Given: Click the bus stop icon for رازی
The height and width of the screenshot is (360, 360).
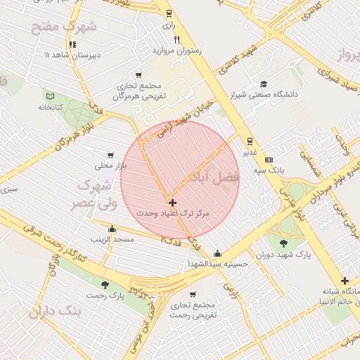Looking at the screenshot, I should [168, 13].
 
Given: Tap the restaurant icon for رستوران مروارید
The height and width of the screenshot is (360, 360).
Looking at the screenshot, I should [177, 39].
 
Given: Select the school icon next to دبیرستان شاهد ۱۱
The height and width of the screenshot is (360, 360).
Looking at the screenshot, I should [73, 44].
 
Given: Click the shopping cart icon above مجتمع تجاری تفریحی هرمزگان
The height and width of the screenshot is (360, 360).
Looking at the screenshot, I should [138, 75].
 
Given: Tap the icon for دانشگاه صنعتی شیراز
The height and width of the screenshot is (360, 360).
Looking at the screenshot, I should [264, 83].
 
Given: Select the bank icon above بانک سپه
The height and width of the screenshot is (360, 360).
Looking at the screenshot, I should [268, 160].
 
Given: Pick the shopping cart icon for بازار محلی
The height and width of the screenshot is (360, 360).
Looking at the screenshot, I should [110, 155].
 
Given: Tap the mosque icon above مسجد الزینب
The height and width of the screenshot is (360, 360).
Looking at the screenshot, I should [112, 229].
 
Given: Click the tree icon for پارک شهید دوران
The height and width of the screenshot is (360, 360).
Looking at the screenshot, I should [283, 243].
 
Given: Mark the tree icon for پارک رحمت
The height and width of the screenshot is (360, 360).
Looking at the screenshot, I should [105, 285].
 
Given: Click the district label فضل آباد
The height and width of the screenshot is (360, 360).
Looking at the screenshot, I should [217, 176].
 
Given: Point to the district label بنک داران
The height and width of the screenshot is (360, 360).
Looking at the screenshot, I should [51, 310].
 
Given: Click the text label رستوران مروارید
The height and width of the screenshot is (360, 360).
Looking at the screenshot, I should [177, 51].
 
